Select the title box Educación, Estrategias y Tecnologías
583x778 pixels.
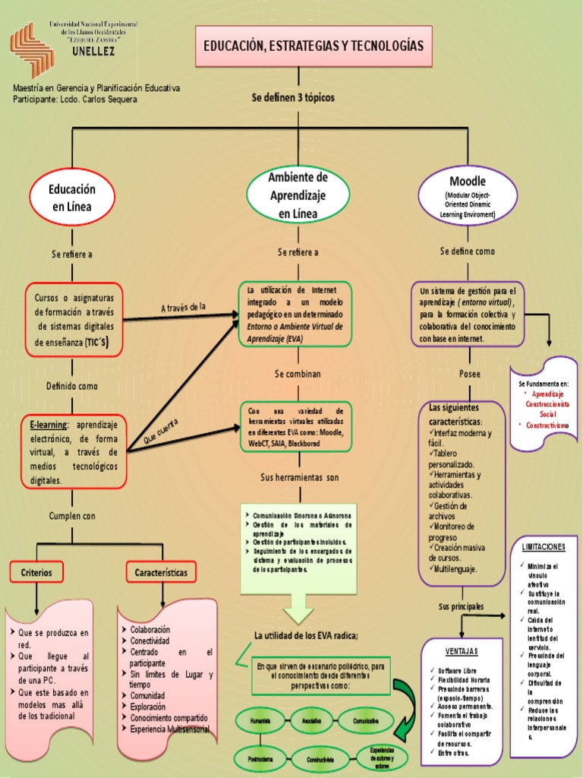pos(313,46)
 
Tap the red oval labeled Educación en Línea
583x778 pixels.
pos(72,198)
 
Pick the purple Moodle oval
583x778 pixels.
pos(467,196)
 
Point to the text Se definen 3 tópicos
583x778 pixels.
pos(293,98)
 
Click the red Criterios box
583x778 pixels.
pos(36,572)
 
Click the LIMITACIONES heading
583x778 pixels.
pos(544,546)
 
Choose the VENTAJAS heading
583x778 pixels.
pos(462,651)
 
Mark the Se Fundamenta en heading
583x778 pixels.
pos(544,384)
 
